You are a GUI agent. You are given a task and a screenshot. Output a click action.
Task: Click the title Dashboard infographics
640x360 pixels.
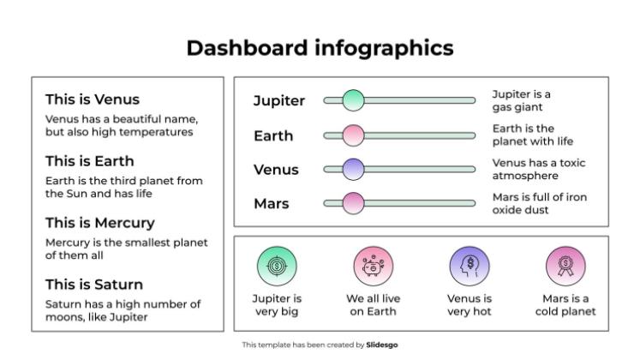pos(320,48)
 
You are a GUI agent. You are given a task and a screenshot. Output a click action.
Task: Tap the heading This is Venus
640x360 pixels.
pos(92,99)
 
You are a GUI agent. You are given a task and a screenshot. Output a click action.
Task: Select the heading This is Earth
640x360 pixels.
pos(89,161)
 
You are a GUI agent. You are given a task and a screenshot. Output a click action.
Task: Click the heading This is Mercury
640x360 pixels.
pos(99,223)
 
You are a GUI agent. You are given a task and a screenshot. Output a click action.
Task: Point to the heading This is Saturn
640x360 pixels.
pos(93,285)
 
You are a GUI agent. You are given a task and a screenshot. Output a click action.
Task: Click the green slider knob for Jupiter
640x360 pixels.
pos(353,100)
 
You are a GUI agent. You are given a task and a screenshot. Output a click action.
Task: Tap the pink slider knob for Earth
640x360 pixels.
pos(353,135)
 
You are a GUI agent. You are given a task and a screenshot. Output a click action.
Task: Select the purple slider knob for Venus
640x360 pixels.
pos(353,170)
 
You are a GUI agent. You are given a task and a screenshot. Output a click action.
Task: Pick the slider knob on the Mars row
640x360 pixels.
pos(353,204)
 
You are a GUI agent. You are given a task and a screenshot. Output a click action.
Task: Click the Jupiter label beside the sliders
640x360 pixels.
pos(278,101)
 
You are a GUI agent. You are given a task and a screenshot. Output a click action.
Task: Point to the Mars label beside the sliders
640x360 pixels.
pos(271,204)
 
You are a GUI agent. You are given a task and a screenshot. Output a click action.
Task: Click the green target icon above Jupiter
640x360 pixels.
pos(277,266)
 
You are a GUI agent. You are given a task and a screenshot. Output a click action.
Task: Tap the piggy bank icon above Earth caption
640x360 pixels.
pos(373,266)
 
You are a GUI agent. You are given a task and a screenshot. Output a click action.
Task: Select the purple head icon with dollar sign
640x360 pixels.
pos(470,266)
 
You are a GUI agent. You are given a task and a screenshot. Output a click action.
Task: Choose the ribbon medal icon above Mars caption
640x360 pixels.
pos(565,266)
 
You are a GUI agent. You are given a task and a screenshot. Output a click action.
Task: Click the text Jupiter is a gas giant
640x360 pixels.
pos(521,101)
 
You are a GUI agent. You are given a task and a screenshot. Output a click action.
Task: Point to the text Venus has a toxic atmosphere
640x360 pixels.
pos(538,170)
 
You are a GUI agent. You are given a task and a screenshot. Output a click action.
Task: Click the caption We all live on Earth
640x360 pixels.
pos(373,305)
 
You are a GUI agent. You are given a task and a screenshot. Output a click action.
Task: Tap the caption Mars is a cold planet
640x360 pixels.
pos(565,305)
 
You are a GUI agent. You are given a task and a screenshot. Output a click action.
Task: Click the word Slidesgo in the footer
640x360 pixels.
pos(381,345)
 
